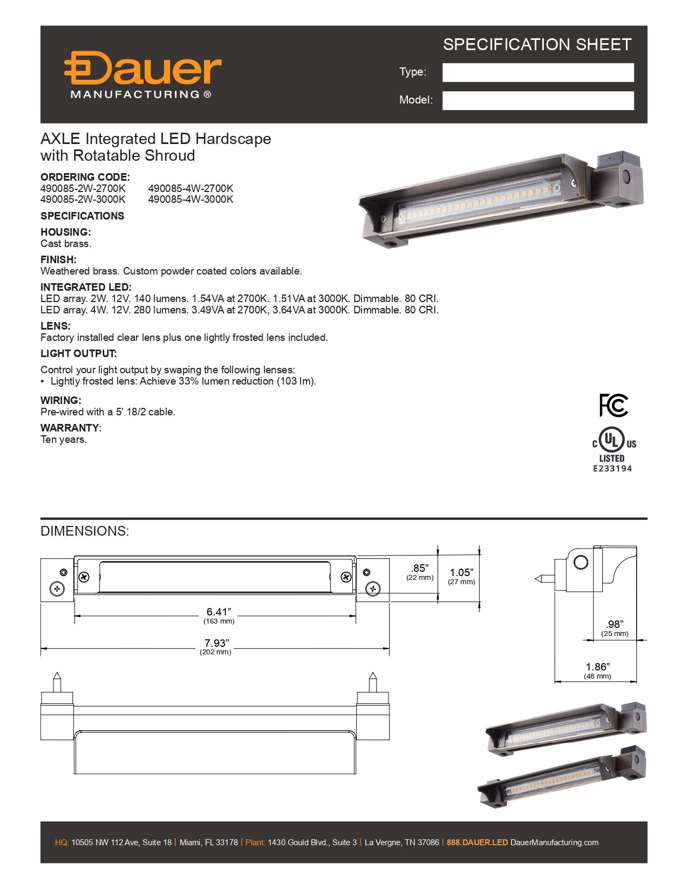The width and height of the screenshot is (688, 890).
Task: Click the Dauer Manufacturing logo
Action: click(142, 75)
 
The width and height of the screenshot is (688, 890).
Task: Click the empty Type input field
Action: click(537, 73)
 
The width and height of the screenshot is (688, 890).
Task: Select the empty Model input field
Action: click(537, 101)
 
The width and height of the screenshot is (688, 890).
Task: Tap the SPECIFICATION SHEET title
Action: click(537, 45)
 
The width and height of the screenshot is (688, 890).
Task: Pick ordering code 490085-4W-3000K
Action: click(190, 200)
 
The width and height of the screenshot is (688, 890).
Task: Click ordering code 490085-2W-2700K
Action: click(83, 188)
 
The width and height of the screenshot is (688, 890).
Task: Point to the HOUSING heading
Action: click(65, 232)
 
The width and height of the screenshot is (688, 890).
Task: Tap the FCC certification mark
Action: click(614, 405)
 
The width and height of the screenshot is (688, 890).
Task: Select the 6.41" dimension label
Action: click(219, 612)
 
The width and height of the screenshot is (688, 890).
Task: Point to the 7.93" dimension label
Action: click(216, 643)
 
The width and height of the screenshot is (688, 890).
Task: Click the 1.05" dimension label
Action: click(461, 573)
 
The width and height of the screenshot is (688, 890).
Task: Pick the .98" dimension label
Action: click(615, 625)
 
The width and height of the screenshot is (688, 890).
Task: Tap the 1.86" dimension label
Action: click(597, 667)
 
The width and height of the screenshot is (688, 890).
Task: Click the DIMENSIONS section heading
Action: click(85, 531)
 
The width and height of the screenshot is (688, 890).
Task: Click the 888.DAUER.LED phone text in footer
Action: click(477, 843)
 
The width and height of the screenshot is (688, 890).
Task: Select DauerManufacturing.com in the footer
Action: click(554, 843)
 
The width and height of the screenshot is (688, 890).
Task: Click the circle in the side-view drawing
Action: click(581, 562)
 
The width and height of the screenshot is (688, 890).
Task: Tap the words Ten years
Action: click(63, 440)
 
